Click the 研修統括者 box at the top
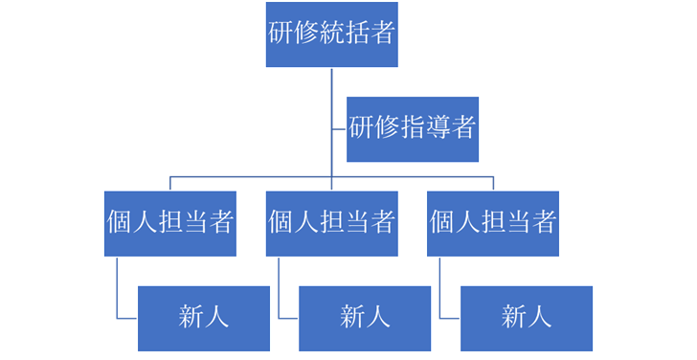pos(331,34)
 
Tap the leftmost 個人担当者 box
pos(169,223)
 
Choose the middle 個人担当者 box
pos(331,223)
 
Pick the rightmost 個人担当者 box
pos(493,223)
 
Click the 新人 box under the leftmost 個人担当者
pos(203,317)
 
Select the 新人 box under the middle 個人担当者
pos(365,317)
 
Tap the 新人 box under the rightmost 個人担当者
pos(527,317)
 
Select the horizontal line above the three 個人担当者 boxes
pos(249,177)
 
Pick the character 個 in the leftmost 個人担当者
pos(120,223)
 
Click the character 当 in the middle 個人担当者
pos(356,223)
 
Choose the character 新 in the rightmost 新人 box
pos(514,317)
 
